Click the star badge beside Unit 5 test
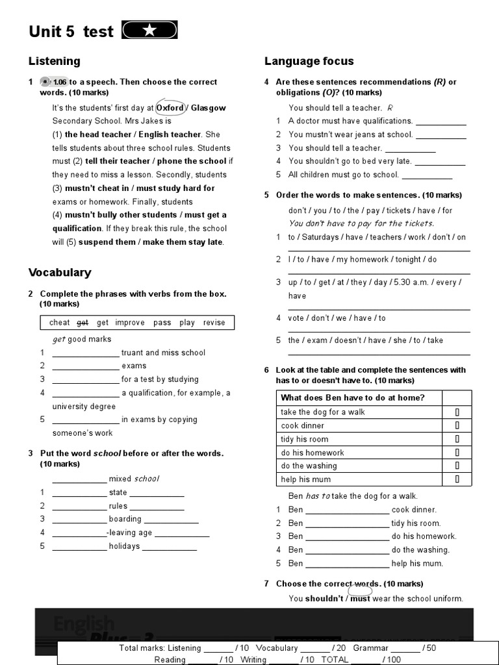[x=149, y=31]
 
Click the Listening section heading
[x=55, y=61]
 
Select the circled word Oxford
[x=170, y=108]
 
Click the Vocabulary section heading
[x=60, y=272]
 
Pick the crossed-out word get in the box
[x=83, y=323]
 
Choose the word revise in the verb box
[x=214, y=323]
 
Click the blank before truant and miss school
[x=86, y=353]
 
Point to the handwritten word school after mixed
[x=146, y=479]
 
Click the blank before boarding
[x=79, y=520]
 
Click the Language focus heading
[x=309, y=61]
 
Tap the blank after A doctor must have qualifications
[x=441, y=121]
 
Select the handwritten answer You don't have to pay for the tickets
[x=361, y=223]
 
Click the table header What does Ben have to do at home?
[x=352, y=397]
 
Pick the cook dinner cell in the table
[x=303, y=425]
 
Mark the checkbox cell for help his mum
[x=457, y=479]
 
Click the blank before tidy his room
[x=347, y=523]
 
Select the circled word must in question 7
[x=360, y=598]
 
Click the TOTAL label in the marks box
[x=335, y=660]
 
